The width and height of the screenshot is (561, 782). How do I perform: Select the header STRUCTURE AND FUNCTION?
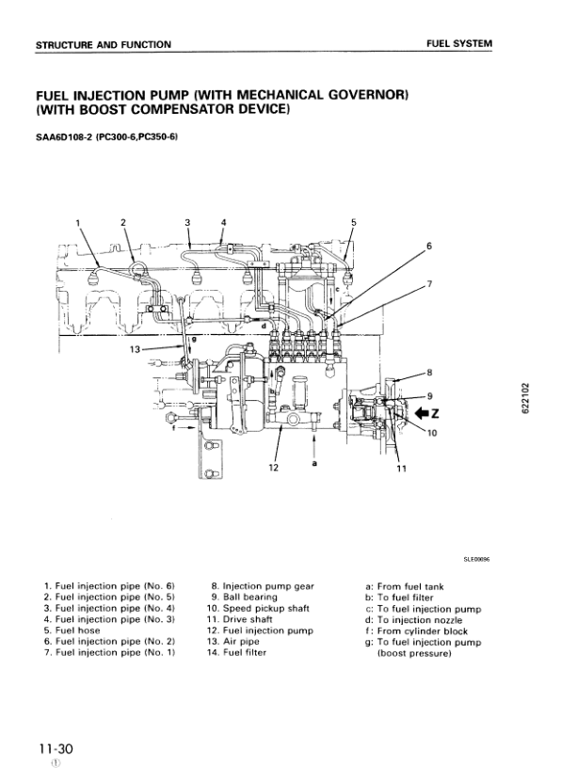point(103,44)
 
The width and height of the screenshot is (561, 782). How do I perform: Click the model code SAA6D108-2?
point(65,138)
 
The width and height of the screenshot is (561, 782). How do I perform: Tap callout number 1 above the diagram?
point(78,222)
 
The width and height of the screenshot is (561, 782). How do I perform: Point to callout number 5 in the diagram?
point(353,222)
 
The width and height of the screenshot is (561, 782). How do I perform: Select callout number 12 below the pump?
point(274,467)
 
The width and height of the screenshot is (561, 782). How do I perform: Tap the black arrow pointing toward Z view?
point(419,412)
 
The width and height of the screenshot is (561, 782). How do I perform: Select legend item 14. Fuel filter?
point(238,652)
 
